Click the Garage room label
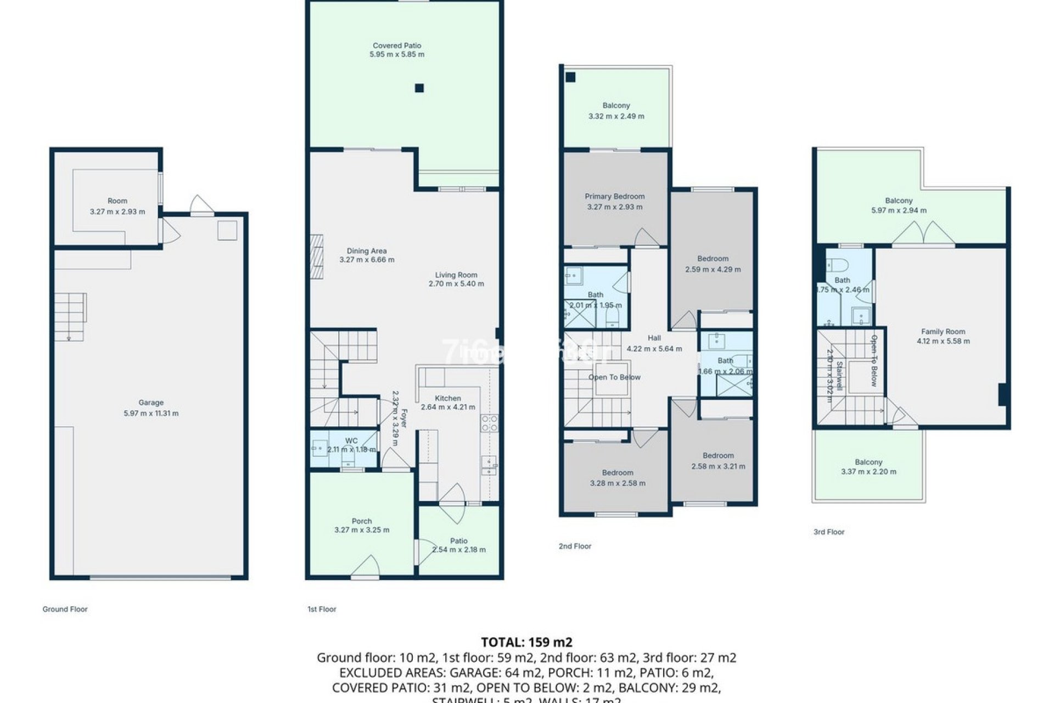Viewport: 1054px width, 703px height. coord(151,403)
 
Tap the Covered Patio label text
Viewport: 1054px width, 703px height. coord(397,46)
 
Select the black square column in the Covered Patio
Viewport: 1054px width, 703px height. coord(419,88)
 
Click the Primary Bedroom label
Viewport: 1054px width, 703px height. coord(614,197)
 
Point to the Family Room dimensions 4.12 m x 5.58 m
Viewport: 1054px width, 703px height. coord(943,341)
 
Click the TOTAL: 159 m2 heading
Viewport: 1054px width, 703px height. coord(526,642)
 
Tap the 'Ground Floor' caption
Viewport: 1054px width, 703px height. coord(65,609)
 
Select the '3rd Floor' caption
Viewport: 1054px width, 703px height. coord(829,532)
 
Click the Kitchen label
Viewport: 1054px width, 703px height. coord(448,399)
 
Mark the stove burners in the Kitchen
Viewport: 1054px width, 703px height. coord(489,423)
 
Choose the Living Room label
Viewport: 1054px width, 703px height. coord(456,275)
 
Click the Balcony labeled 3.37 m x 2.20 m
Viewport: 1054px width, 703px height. coord(868,467)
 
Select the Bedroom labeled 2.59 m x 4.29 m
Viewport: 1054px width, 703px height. coord(713,264)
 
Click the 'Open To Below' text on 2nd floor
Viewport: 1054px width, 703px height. coord(614,377)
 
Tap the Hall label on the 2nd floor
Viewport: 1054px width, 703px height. coord(654,338)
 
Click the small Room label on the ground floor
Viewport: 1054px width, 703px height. coord(117,201)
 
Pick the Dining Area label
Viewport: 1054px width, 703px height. coord(367,251)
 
